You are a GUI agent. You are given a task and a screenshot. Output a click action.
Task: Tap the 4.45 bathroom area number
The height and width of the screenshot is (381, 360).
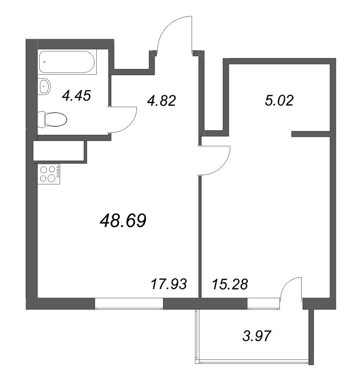click(76, 95)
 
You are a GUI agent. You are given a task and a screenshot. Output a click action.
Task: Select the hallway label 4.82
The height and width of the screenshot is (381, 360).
click(162, 100)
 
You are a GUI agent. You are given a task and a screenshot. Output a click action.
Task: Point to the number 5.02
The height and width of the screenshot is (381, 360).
click(278, 100)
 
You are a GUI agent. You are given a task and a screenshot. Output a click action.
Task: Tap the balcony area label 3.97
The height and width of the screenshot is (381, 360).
click(257, 336)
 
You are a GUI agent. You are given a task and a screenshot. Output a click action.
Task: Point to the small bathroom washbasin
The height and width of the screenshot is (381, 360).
click(45, 86)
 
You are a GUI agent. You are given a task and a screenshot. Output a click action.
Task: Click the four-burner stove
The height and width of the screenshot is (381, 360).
click(48, 174)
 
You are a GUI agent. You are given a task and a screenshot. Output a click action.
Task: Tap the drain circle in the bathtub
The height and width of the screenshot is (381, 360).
click(44, 61)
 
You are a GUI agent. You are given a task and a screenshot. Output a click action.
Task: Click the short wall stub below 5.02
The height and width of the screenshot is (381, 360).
click(311, 134)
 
